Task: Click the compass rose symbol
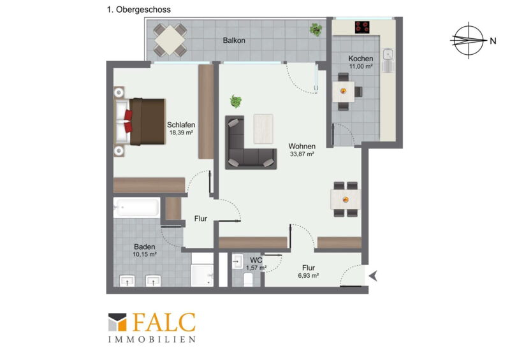(469, 40)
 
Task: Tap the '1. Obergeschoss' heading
(139, 10)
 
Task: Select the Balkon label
(234, 40)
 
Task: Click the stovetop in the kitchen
(362, 27)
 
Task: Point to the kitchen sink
(388, 60)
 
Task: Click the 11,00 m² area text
(361, 66)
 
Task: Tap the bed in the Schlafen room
(140, 121)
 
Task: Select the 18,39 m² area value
(181, 133)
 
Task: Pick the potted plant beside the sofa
(236, 101)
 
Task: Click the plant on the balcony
(316, 29)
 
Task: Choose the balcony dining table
(170, 40)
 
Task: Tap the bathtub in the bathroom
(136, 207)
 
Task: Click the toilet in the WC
(248, 279)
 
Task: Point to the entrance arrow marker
(373, 276)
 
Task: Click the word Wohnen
(302, 147)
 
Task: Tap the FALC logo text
(164, 322)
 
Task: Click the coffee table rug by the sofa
(263, 129)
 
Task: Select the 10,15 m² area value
(145, 254)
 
